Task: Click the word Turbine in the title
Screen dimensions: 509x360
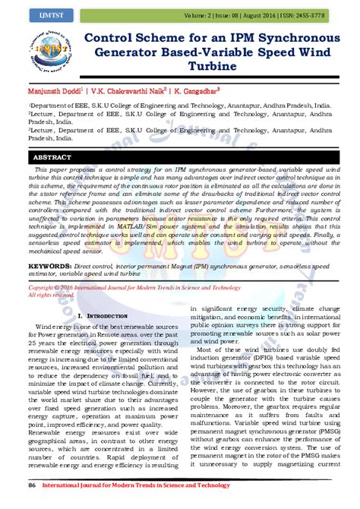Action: (x=206, y=67)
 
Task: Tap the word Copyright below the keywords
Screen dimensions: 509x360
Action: (x=47, y=310)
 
